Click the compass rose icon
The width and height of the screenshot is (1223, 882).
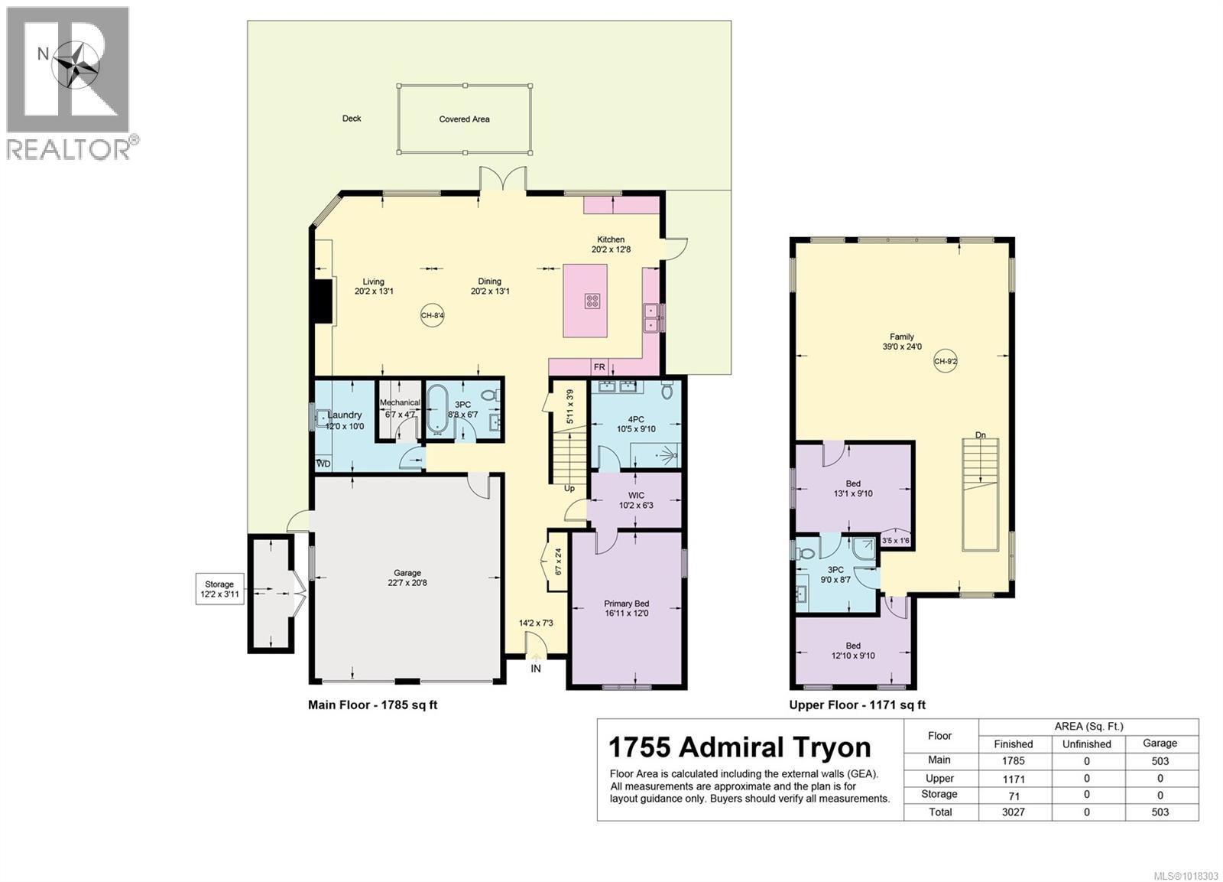click(75, 63)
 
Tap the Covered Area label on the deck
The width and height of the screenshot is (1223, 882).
click(464, 119)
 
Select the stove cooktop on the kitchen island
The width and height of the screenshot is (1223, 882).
click(592, 301)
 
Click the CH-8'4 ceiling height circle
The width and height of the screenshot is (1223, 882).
click(432, 315)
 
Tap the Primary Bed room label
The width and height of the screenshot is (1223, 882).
click(626, 608)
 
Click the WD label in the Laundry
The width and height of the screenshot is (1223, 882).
click(324, 464)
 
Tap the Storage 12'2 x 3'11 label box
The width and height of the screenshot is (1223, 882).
click(219, 589)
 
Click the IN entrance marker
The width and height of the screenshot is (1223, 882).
click(536, 669)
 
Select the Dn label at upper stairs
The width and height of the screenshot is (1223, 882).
click(981, 435)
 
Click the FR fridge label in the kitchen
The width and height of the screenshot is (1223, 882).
click(599, 368)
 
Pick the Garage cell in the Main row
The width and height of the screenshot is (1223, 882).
click(1160, 761)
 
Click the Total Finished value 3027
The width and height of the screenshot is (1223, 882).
click(1013, 812)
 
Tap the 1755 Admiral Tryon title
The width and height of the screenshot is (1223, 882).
click(739, 747)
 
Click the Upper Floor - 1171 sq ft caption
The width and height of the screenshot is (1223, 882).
click(857, 705)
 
